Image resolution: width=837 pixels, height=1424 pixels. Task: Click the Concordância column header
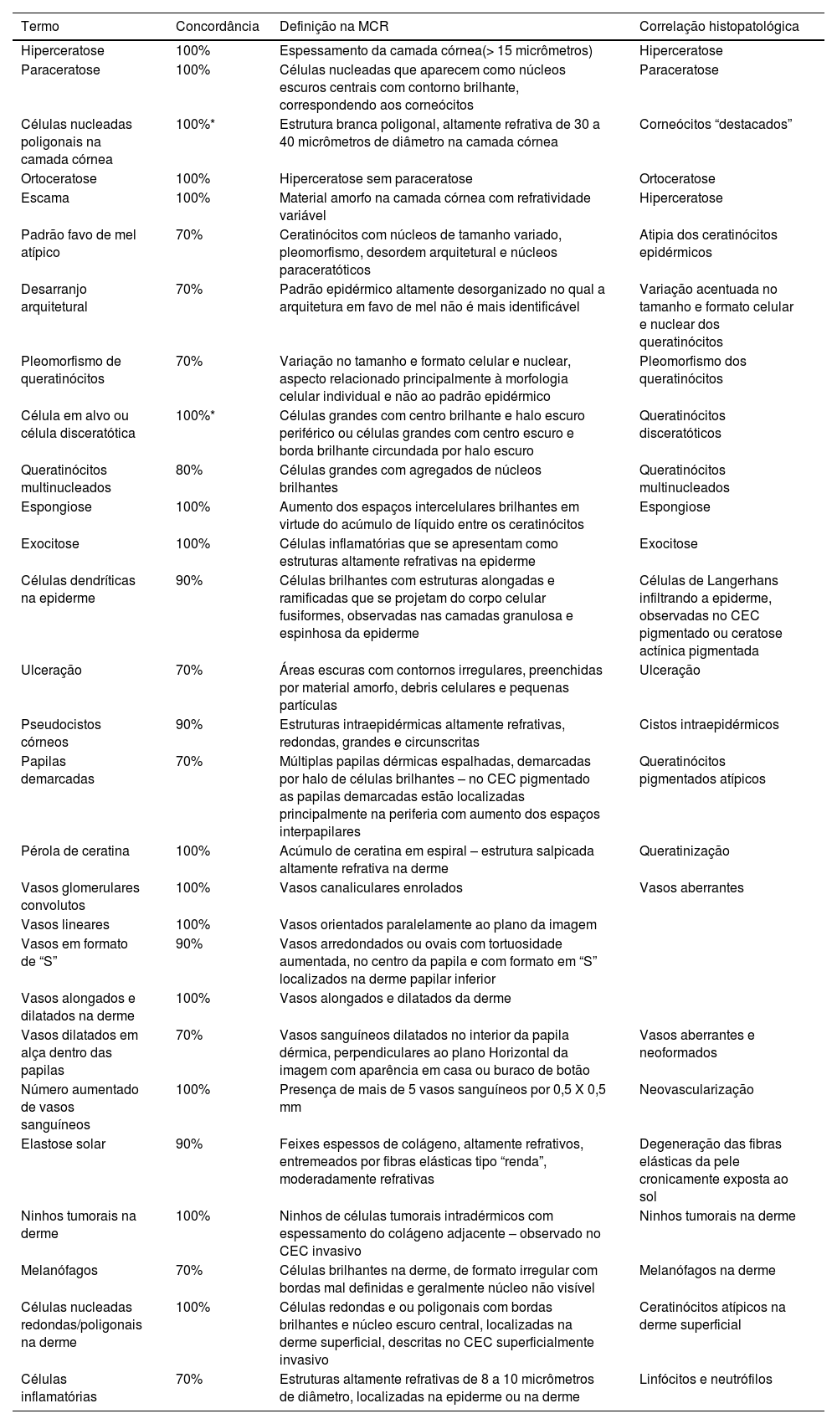click(217, 26)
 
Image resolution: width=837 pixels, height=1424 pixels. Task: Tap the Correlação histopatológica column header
click(718, 26)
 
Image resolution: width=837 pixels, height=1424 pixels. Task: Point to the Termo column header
click(40, 26)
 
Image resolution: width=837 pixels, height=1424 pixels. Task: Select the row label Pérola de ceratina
click(75, 851)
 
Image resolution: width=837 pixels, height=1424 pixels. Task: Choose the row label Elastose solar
click(63, 1144)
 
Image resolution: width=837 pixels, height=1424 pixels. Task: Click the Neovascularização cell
click(696, 1089)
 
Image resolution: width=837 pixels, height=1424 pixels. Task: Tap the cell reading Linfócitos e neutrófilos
click(706, 1379)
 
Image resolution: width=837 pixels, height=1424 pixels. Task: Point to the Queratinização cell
click(684, 851)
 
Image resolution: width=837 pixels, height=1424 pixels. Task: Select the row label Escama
click(45, 198)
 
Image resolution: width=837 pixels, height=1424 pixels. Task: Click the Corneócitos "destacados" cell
click(716, 124)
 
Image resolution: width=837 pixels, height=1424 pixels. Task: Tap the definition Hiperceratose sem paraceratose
click(376, 178)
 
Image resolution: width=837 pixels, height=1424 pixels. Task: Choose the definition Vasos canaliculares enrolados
click(371, 887)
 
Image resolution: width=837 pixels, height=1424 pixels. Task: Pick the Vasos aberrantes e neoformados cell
click(696, 1043)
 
